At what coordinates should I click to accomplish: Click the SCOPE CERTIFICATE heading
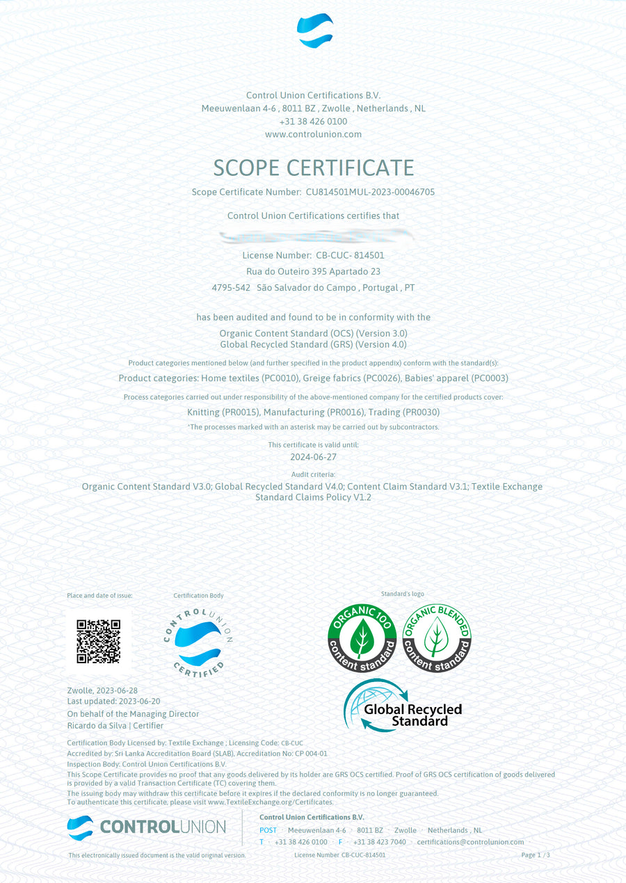click(313, 168)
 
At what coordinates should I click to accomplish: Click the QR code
click(98, 640)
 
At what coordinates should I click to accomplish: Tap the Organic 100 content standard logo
click(362, 638)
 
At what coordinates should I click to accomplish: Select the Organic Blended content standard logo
click(437, 638)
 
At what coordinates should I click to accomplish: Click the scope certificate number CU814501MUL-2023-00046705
click(370, 192)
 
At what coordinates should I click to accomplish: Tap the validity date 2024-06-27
click(313, 457)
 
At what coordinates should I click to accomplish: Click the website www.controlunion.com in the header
click(313, 134)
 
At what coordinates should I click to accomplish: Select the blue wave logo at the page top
click(314, 31)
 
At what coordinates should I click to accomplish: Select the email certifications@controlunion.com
click(470, 842)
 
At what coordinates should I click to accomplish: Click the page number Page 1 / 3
click(536, 855)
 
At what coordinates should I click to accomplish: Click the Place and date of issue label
click(99, 596)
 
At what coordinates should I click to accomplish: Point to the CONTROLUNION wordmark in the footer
click(163, 827)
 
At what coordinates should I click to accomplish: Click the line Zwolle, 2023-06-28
click(102, 690)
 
